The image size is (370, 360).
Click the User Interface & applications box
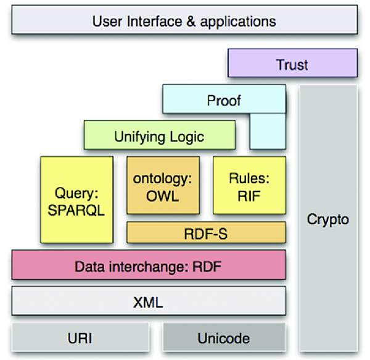(x=184, y=21)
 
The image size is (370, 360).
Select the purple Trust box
(x=292, y=64)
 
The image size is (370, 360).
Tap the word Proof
(x=224, y=100)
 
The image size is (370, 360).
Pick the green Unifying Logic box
(x=159, y=136)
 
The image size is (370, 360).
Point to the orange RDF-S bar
(x=206, y=233)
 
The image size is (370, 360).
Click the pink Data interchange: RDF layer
(x=148, y=267)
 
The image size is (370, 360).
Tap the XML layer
(x=148, y=303)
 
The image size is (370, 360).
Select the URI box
(x=80, y=338)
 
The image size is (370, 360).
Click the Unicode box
(x=224, y=338)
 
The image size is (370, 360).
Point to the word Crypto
(x=327, y=219)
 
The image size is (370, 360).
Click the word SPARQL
(x=76, y=209)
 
